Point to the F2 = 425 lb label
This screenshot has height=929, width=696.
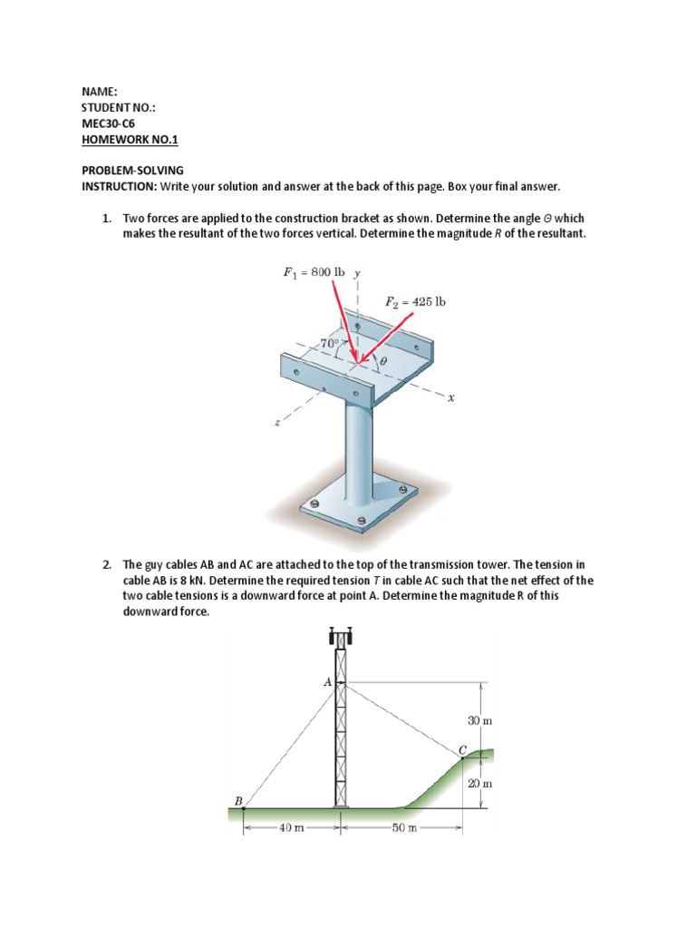(x=416, y=301)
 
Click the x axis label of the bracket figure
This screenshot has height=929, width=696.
(x=449, y=399)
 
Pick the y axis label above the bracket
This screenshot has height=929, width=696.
(x=357, y=271)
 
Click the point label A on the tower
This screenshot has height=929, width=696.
(x=327, y=681)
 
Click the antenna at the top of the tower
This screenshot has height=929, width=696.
(x=341, y=633)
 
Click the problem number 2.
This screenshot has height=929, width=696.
(x=106, y=564)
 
